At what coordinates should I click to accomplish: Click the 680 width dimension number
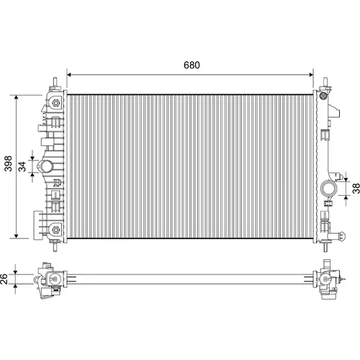click(x=192, y=65)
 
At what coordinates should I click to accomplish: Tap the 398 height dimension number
click(x=9, y=163)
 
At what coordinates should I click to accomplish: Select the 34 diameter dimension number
click(x=22, y=166)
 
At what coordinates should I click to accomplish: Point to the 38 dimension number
click(x=356, y=189)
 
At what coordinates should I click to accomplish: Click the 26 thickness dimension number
click(x=4, y=279)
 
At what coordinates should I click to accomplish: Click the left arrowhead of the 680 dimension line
click(x=69, y=75)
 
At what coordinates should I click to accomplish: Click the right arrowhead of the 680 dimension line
click(x=311, y=75)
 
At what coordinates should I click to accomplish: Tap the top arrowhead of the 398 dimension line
click(x=16, y=97)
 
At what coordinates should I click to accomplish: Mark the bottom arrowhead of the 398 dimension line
click(x=16, y=236)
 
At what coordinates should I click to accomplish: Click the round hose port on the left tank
click(x=45, y=166)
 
